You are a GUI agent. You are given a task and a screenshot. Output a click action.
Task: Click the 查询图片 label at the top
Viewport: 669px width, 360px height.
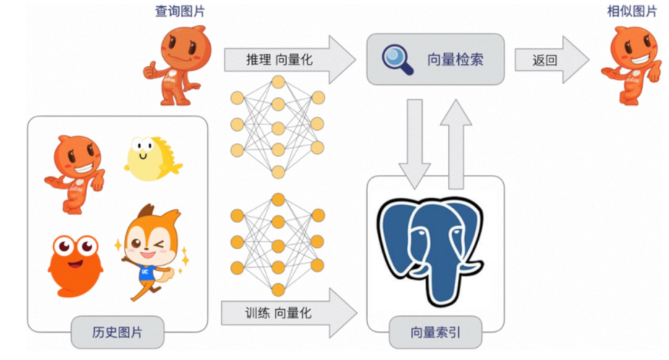[x=180, y=11]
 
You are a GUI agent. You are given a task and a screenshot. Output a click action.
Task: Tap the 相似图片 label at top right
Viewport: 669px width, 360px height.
[x=631, y=11]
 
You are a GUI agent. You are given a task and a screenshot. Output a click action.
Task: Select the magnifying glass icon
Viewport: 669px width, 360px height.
[x=397, y=59]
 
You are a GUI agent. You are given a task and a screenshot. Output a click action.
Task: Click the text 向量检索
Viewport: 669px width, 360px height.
[x=455, y=59]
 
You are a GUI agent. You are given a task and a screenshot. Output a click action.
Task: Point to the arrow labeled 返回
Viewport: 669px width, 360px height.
[x=551, y=59]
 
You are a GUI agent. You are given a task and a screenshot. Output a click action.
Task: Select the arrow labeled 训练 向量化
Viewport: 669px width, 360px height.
[x=289, y=313]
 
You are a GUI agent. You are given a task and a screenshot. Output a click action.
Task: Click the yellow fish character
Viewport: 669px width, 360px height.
[x=152, y=158]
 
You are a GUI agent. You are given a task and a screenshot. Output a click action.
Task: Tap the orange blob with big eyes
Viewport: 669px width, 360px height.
[x=75, y=263]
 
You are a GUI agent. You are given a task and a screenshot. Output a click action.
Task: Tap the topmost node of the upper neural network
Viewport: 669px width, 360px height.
[x=278, y=82]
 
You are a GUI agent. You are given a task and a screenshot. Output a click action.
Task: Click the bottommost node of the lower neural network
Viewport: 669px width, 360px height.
[x=278, y=289]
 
